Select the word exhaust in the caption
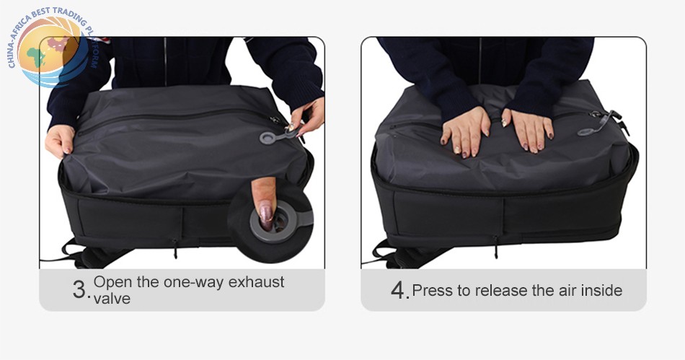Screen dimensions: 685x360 257,282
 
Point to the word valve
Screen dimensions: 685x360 112,299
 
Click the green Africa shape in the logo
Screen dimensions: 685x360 36,56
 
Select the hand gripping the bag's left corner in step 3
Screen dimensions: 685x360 60,141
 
